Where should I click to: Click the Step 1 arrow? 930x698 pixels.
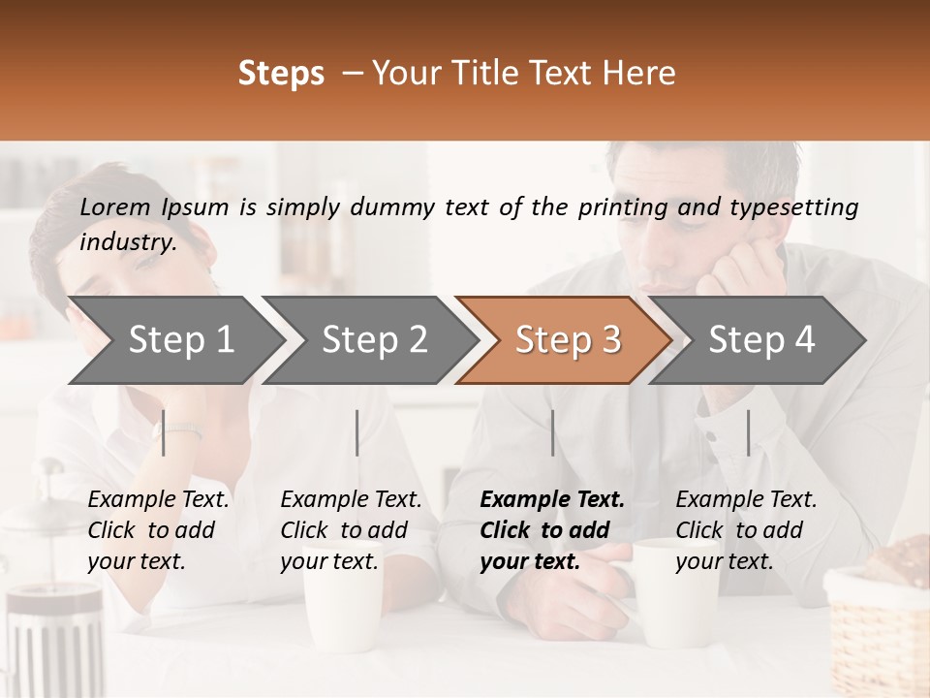pos(174,340)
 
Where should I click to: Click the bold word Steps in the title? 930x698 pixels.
pos(281,74)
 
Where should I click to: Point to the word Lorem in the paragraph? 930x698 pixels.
pos(115,206)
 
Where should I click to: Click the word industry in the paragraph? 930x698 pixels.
pos(128,242)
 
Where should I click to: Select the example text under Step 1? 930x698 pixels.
pos(158,530)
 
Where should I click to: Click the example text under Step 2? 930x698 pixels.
pos(351,530)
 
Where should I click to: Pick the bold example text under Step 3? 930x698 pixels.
pos(551,530)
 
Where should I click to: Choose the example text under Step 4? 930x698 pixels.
pos(746,530)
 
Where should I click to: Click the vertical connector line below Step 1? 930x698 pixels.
pos(164,432)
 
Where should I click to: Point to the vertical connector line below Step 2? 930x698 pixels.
pos(357,432)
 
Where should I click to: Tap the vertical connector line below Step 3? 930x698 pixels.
pos(553,432)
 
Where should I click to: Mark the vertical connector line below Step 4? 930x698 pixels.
pos(748,432)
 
